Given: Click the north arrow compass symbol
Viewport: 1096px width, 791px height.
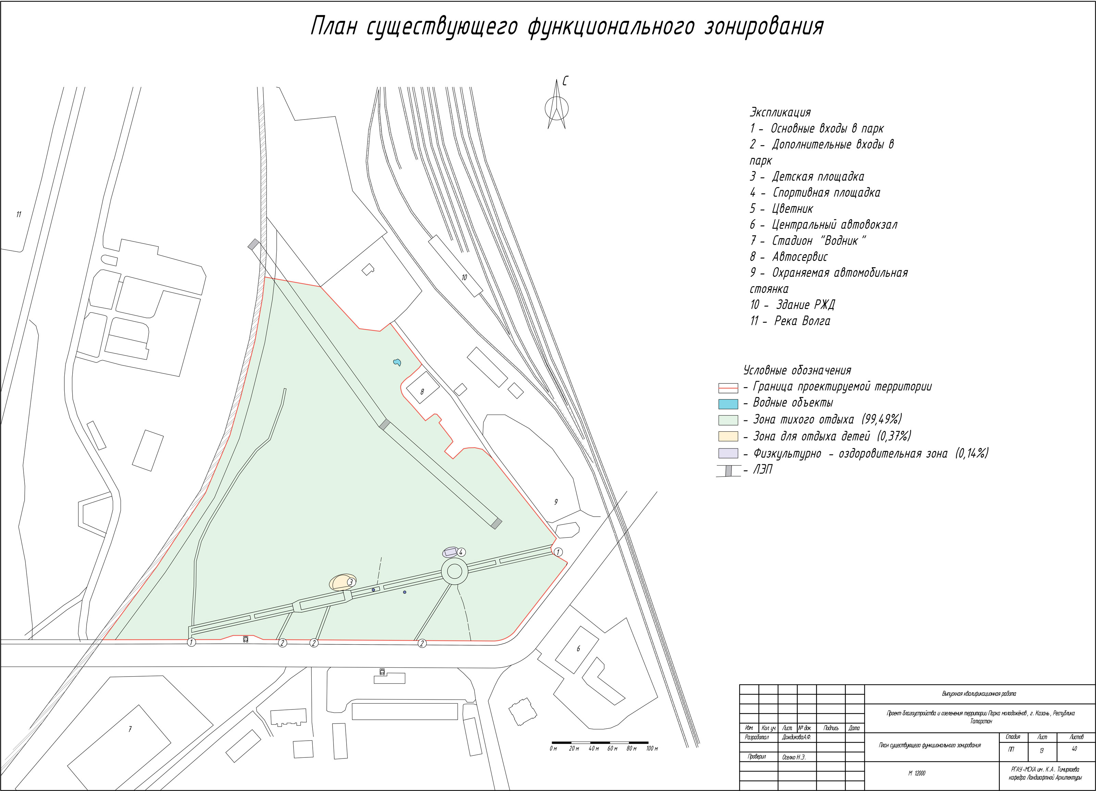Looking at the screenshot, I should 557,107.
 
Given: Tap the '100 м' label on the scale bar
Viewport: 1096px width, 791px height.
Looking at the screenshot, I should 651,749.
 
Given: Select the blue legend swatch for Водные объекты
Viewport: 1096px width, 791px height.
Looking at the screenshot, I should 728,404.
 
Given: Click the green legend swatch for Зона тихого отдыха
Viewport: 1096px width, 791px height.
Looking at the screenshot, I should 728,420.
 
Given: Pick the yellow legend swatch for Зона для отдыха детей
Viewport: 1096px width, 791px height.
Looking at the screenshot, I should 728,436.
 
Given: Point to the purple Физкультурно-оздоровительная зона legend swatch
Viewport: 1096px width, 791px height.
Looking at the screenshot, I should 728,453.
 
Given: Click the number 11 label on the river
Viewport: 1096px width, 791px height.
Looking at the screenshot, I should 19,214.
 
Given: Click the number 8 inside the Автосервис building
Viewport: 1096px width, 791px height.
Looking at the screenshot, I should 422,392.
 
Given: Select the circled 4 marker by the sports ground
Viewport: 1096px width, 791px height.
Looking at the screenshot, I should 461,552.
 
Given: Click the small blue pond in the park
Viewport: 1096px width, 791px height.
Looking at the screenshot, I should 397,362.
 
